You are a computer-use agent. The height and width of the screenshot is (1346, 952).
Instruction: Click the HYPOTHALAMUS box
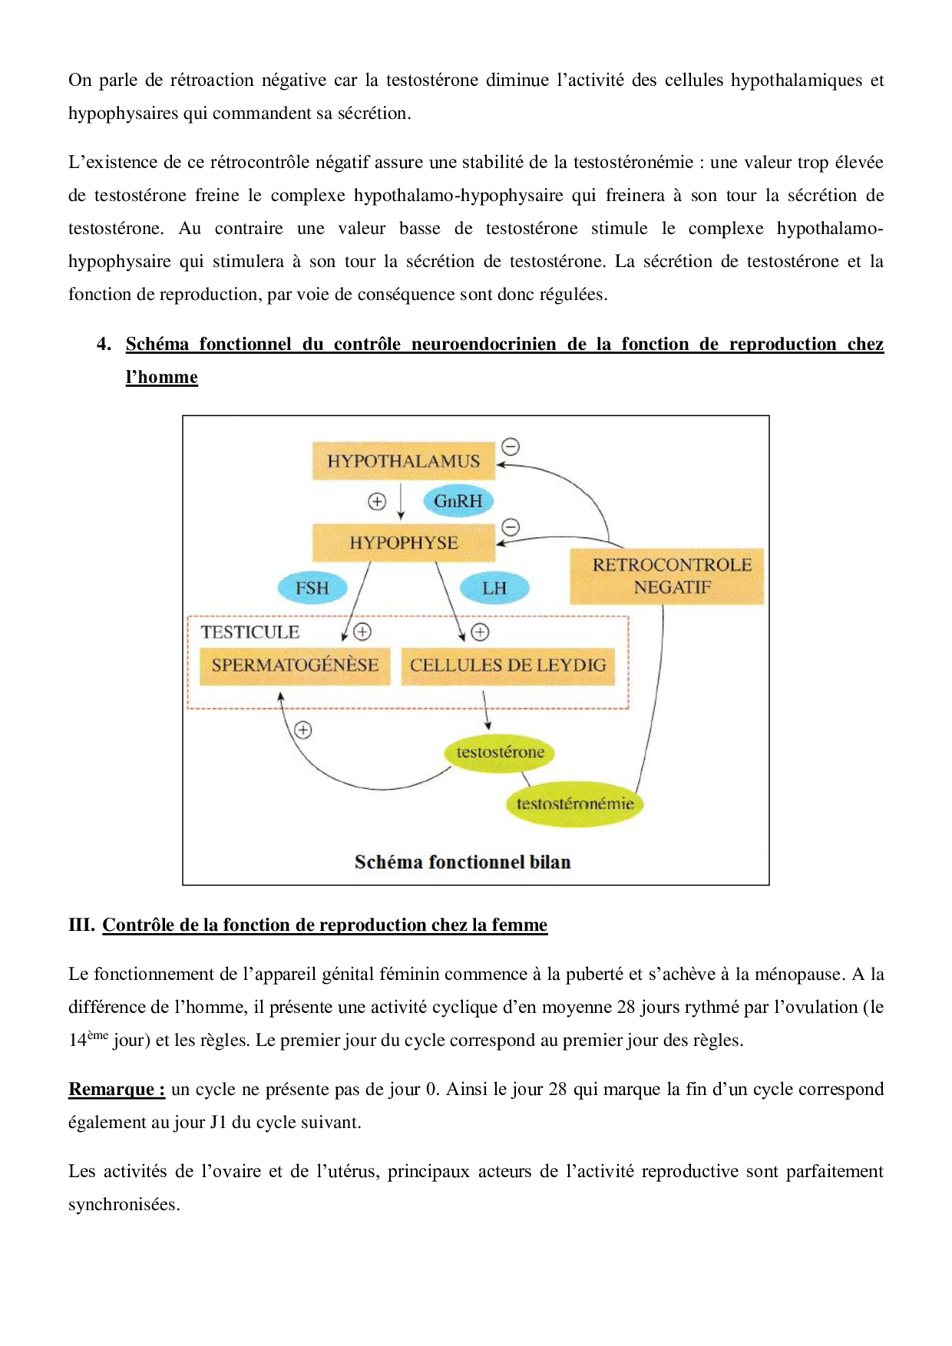403,461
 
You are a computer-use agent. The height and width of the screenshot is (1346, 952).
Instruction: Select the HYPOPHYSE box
403,543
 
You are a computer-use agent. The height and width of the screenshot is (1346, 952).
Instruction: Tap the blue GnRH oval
458,501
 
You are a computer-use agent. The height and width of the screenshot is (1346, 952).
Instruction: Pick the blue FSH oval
312,588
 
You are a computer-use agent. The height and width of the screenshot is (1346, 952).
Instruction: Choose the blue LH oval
494,588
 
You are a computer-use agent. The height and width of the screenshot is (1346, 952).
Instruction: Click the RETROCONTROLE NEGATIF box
666,576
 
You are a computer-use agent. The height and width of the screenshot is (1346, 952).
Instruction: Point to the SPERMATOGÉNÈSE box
295,665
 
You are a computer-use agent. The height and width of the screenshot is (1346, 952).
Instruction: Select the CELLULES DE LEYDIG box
507,665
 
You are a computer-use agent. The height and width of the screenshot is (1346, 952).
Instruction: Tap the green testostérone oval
500,752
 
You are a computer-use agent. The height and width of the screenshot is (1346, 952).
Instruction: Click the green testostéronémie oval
574,804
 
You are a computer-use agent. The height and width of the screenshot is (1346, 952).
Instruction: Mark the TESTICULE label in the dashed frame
250,632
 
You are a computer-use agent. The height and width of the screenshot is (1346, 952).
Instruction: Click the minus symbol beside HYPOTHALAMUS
511,447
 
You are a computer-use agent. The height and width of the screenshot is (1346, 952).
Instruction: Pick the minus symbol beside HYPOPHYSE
511,527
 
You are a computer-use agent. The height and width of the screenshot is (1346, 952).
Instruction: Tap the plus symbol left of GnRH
377,501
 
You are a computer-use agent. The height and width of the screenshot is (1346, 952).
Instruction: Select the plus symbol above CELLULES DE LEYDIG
480,632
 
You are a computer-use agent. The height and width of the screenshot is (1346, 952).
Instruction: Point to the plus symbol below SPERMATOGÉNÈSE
303,730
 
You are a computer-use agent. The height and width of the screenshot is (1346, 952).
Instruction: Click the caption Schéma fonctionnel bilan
462,863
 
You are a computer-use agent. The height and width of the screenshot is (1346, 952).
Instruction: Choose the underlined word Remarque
116,1090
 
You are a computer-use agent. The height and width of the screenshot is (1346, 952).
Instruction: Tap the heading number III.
81,925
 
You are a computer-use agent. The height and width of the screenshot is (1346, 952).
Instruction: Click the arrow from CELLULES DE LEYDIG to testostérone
486,710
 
